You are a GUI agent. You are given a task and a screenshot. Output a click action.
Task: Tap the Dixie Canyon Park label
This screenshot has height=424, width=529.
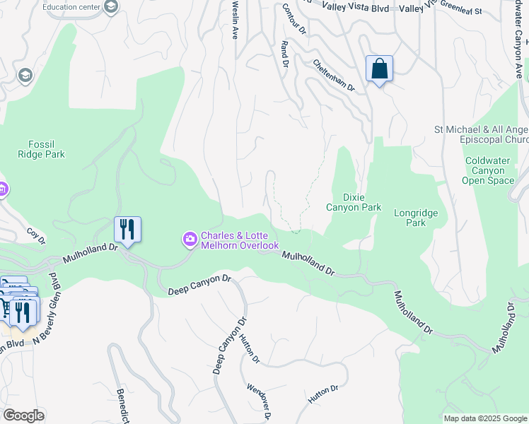353,202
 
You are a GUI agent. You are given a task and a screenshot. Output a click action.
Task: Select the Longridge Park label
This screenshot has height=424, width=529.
416,218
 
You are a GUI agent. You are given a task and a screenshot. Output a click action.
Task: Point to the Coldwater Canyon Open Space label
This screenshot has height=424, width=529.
487,170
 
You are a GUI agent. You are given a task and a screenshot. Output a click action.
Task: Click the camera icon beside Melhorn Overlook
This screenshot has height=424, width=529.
190,240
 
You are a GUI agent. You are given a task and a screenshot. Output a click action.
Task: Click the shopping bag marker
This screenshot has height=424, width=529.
379,69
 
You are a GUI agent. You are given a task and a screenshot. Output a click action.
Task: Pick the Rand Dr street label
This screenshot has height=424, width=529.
285,54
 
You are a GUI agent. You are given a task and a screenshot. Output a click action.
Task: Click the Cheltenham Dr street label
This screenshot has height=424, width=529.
333,74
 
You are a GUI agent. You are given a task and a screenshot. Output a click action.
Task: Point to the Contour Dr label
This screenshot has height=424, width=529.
293,20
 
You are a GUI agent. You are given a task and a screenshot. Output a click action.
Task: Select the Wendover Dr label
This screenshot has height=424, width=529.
259,401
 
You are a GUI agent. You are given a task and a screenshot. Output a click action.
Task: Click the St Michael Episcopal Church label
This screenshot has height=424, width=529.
481,134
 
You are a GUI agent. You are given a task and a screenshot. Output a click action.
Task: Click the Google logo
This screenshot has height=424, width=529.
23,416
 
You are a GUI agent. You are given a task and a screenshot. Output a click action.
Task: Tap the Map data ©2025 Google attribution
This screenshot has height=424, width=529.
484,418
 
